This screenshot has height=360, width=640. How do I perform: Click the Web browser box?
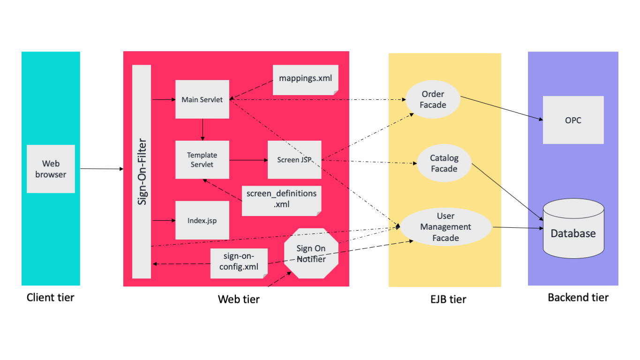click(x=51, y=169)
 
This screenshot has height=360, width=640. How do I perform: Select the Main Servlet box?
click(x=202, y=99)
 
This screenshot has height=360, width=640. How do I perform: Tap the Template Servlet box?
click(x=202, y=159)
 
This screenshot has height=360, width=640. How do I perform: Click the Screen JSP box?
click(x=294, y=159)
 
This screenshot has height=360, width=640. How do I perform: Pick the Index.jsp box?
click(x=202, y=220)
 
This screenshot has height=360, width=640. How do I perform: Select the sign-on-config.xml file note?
click(x=239, y=263)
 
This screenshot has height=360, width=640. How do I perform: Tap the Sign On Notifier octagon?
click(x=311, y=254)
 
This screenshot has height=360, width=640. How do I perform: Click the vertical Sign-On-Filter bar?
click(x=142, y=172)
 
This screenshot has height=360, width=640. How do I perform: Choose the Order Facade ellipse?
click(x=432, y=100)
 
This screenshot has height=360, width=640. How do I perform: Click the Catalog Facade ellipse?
click(x=444, y=163)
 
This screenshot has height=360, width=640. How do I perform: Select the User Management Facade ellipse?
click(x=445, y=227)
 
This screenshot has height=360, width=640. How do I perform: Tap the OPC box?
click(x=573, y=120)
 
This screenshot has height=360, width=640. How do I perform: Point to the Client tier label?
click(x=50, y=297)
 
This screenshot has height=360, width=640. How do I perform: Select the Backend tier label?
click(x=578, y=297)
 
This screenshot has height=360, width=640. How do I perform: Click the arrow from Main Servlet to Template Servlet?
click(x=203, y=129)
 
